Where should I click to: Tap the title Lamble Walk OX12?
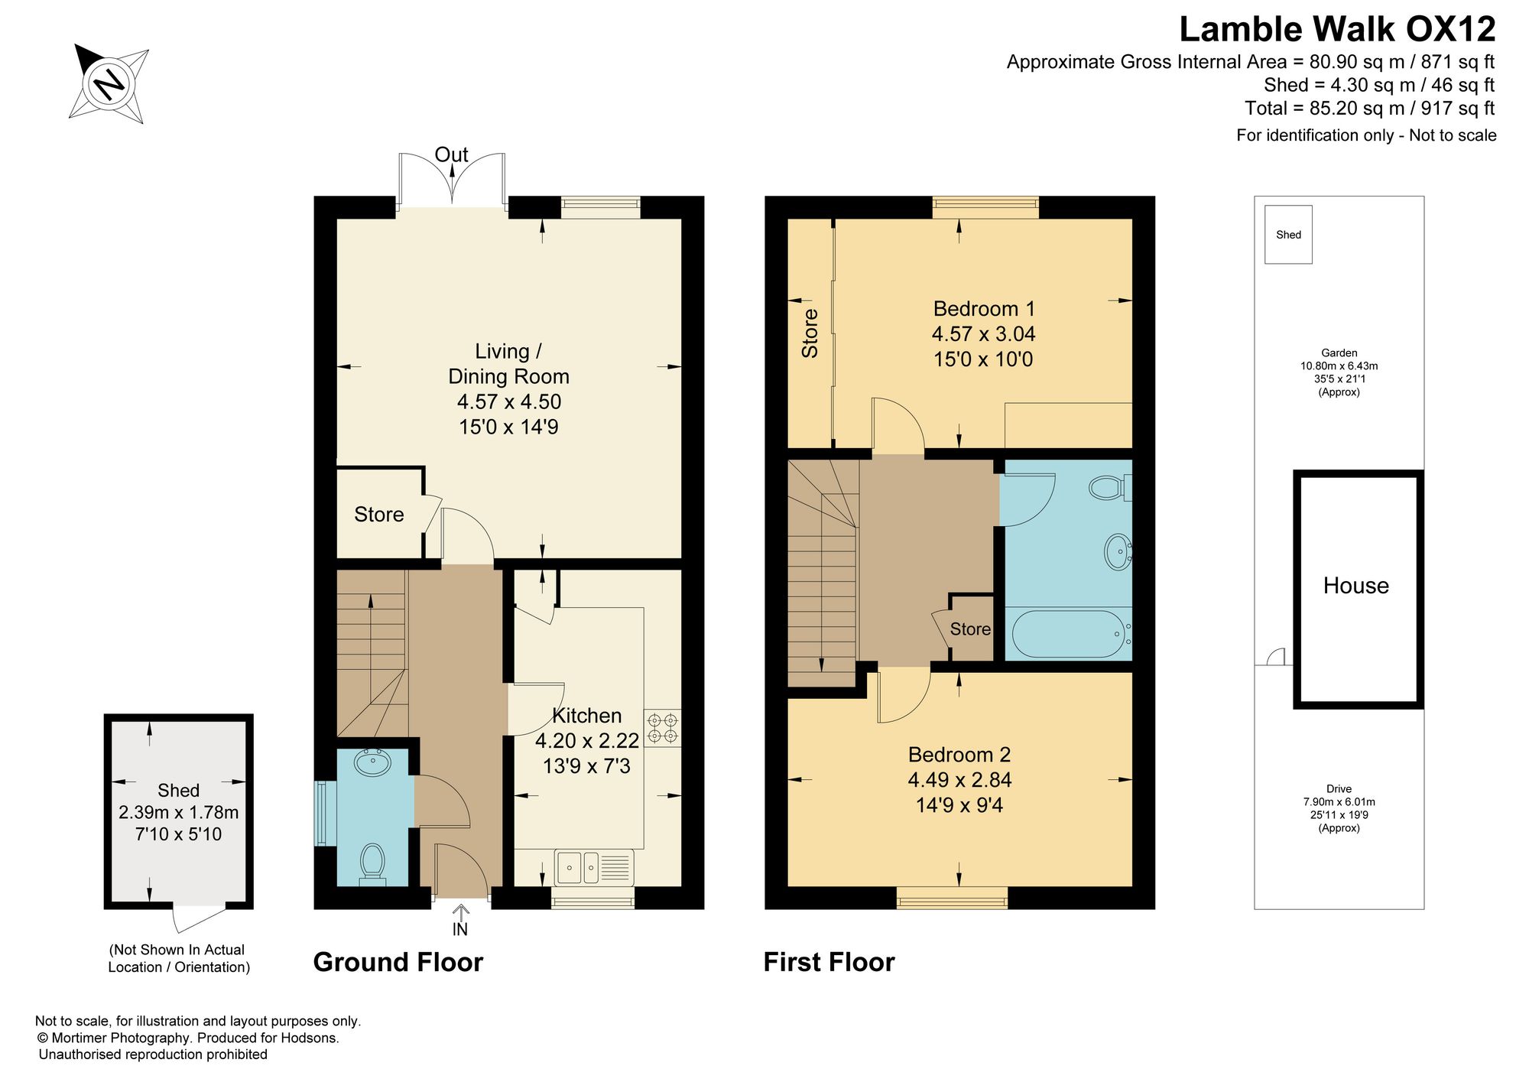tap(1337, 29)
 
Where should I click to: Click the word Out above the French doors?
tap(451, 154)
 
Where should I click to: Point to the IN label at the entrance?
tap(459, 929)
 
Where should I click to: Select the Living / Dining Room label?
tap(508, 363)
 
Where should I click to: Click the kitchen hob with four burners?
tap(662, 728)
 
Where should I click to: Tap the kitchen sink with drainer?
tap(594, 867)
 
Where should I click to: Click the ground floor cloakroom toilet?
tap(372, 864)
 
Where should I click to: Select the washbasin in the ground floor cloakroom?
tap(373, 762)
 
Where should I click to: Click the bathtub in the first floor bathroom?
tap(1068, 634)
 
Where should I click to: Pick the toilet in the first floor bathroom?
tap(1111, 487)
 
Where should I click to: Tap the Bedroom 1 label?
tap(984, 309)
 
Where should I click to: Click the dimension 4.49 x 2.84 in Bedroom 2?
tap(959, 780)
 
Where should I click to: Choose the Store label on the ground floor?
tap(378, 515)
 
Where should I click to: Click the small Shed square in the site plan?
tap(1288, 235)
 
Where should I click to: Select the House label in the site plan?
tap(1356, 586)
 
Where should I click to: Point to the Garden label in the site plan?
tap(1339, 353)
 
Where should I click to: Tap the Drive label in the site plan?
tap(1339, 789)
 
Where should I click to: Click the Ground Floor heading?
tap(398, 962)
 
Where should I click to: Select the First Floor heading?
tap(829, 962)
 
